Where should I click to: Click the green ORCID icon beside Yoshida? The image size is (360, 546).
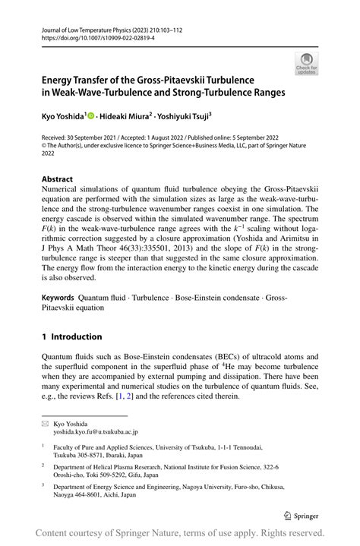91,115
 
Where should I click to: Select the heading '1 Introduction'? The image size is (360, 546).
71,336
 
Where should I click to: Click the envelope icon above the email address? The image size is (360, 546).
46,423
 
